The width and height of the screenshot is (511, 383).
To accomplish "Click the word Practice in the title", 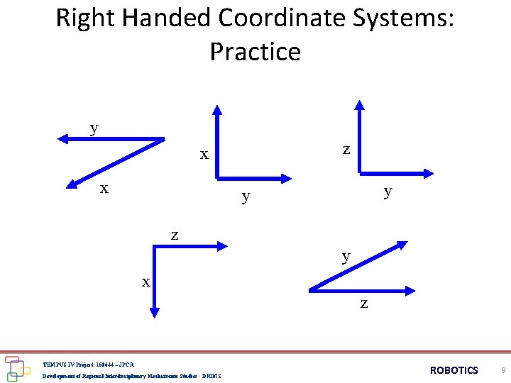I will (255, 52).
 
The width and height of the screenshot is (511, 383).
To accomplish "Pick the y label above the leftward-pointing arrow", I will (94, 128).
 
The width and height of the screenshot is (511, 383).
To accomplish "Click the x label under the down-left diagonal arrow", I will (104, 189).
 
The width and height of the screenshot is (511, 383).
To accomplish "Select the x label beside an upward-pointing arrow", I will (204, 154).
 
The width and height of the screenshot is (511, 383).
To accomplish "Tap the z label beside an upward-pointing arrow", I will (346, 150).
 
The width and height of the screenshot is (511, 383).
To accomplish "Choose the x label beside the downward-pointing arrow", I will (145, 282).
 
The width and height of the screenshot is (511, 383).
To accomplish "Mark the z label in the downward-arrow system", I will (175, 235).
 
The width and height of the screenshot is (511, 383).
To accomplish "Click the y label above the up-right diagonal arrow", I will (346, 256).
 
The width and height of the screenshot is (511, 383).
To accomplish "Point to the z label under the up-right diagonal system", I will (364, 304).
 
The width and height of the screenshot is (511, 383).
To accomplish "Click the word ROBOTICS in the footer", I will (454, 370).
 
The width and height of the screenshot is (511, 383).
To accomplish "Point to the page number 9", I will (502, 370).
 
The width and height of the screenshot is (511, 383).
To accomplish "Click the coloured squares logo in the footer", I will (16, 368).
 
